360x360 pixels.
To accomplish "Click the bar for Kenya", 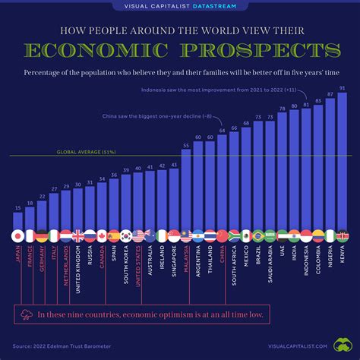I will tap(342, 159).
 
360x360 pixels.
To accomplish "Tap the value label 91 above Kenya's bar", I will tap(343, 88).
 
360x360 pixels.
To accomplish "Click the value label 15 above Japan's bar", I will tap(18, 207).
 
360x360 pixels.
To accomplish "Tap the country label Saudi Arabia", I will tap(269, 266).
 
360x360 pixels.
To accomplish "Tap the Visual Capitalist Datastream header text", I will tap(180, 7).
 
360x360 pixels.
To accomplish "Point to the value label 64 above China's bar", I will tap(223, 130).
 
